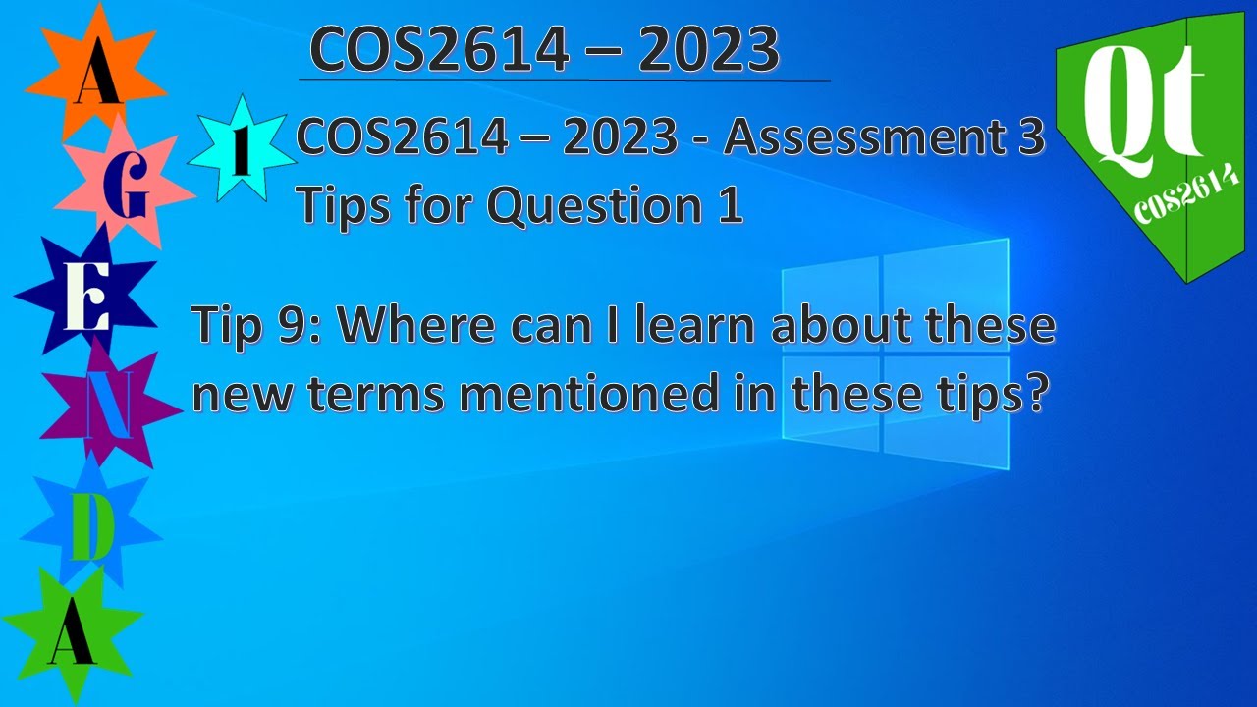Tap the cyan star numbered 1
click(240, 149)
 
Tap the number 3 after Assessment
click(1025, 138)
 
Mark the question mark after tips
click(1028, 394)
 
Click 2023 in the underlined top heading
click(708, 50)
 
